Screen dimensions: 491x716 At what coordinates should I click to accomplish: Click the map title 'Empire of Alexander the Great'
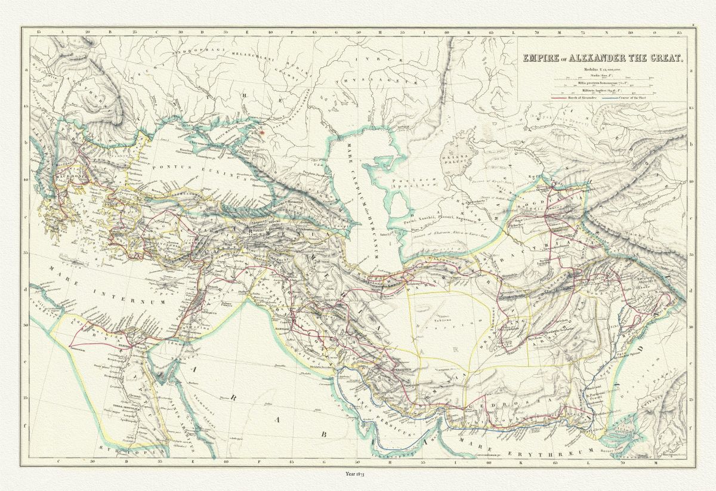pyautogui.click(x=603, y=58)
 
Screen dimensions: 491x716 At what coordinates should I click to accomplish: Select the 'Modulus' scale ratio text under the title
pyautogui.click(x=603, y=70)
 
